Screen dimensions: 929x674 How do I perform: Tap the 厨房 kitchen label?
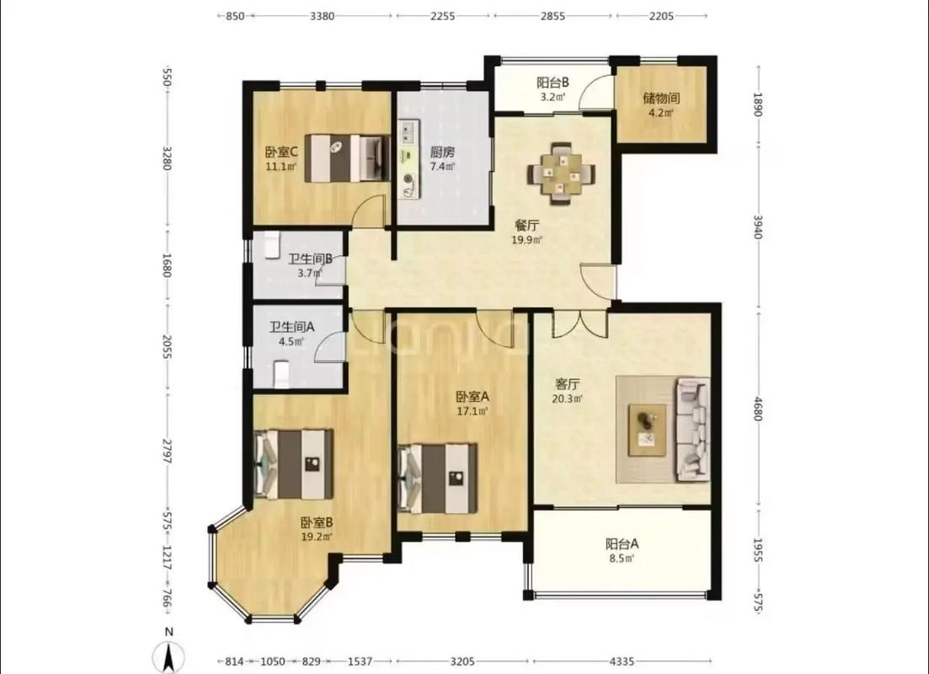coord(442,152)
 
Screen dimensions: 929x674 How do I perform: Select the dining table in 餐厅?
coord(561,174)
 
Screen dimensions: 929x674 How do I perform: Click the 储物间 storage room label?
coord(661,99)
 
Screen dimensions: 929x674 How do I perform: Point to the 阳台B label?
coord(553,83)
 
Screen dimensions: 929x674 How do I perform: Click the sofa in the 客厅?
coord(692,429)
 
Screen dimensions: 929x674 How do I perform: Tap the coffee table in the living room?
coord(647,429)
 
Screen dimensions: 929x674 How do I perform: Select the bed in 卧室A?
coord(437,479)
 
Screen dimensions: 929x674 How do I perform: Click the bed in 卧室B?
coord(293,464)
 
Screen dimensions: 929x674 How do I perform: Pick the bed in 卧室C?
coord(347,158)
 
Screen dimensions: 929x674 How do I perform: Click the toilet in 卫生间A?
coord(281,375)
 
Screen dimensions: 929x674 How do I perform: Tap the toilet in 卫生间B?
coord(270,245)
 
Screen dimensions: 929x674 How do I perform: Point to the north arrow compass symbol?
coord(168,655)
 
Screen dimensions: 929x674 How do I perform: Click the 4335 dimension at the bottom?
coord(622,661)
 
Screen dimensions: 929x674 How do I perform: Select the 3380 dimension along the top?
coord(323,16)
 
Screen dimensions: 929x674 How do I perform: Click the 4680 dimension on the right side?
coord(757,409)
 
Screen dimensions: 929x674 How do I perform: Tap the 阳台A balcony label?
coord(622,543)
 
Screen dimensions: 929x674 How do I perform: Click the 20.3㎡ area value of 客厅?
coord(567,399)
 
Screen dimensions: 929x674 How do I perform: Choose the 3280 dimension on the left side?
coord(167,158)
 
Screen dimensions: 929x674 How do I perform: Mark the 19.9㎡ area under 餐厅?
coord(526,240)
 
